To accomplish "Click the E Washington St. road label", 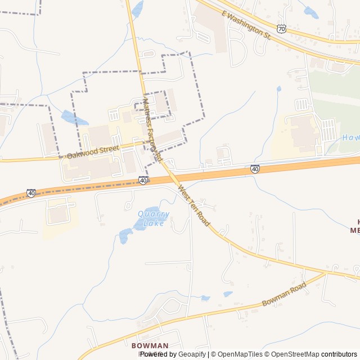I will point(246,25).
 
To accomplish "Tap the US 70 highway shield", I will point(281,28).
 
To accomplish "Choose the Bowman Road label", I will point(284,294).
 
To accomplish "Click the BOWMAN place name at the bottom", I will point(150,345).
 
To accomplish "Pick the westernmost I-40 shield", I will point(31,193).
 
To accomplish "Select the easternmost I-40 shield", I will point(255,168).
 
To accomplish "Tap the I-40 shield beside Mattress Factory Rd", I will point(143,180).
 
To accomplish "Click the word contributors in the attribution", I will point(339,354).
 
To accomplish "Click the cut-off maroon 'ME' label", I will point(355,230).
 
